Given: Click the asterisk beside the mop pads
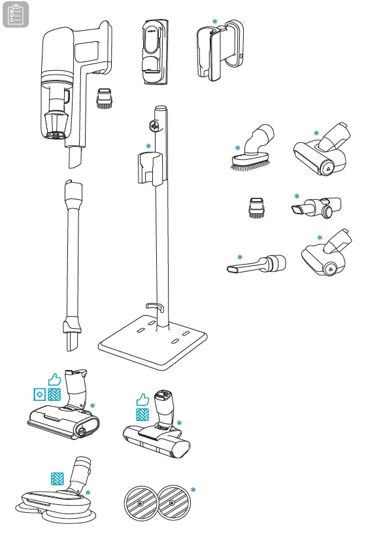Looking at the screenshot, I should click(x=193, y=490).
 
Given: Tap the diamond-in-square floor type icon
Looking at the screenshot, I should click(x=41, y=394).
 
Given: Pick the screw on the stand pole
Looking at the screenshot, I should click(x=156, y=124).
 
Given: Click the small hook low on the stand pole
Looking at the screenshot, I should click(x=154, y=305).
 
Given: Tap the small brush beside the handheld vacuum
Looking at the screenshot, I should click(x=105, y=98).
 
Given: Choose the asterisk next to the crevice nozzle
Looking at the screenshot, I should click(x=239, y=257).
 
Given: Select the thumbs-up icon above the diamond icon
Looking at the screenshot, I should click(x=54, y=379).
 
